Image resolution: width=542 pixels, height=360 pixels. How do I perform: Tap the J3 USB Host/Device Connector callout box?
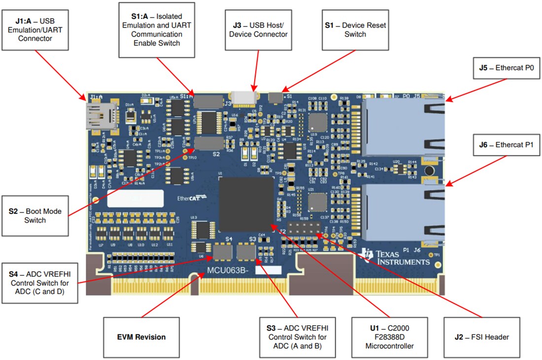pyautogui.click(x=260, y=30)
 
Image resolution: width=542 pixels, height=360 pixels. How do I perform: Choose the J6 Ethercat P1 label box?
pyautogui.click(x=506, y=145)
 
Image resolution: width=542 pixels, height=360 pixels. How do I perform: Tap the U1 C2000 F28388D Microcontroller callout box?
pyautogui.click(x=389, y=337)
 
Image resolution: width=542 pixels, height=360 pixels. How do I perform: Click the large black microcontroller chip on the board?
pyautogui.click(x=246, y=204)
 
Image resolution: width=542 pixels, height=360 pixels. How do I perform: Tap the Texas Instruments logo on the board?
pyautogui.click(x=394, y=255)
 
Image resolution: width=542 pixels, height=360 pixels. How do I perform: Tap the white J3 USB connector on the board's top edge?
pyautogui.click(x=245, y=98)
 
